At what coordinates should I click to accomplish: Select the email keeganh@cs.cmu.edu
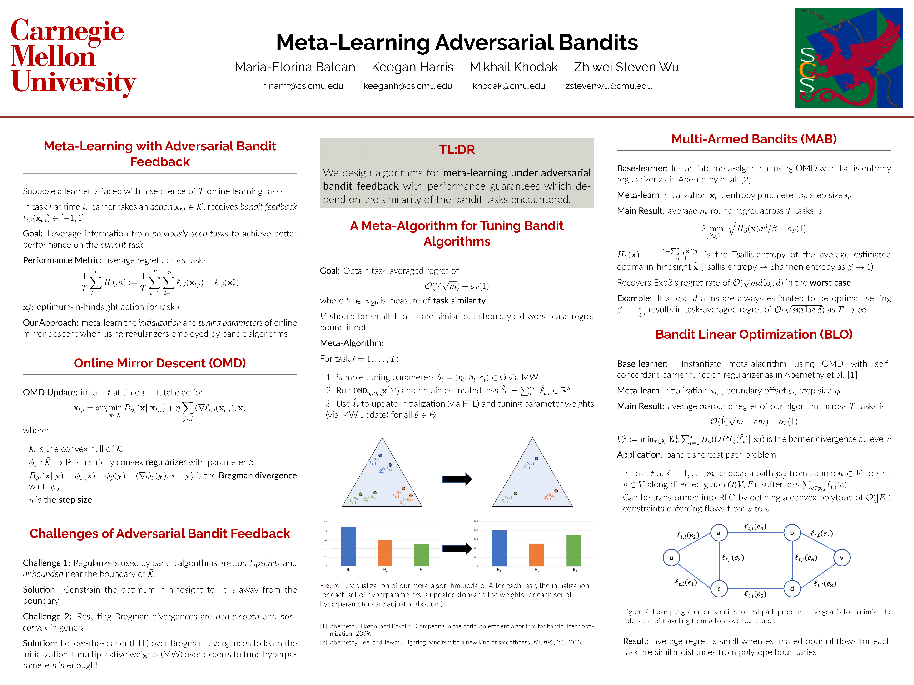(x=407, y=86)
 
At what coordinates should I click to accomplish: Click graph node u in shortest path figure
(x=671, y=558)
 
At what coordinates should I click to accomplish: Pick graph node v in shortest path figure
(x=841, y=558)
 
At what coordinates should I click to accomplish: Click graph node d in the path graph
(x=792, y=589)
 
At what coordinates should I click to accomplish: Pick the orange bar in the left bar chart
(x=385, y=553)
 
